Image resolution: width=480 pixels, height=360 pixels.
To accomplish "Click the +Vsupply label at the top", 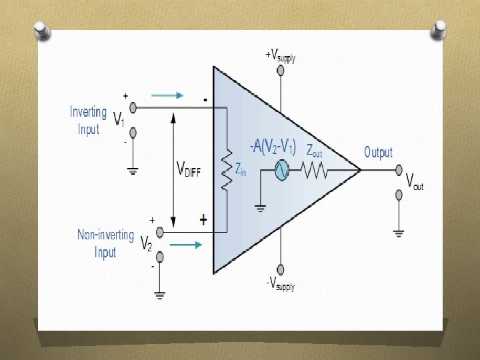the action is tap(281, 56).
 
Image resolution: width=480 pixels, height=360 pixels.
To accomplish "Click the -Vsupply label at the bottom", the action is tap(281, 285).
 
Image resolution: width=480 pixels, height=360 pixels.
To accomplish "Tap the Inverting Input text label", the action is tap(88, 120).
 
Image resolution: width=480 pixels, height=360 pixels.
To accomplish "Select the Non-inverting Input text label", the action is tap(105, 243).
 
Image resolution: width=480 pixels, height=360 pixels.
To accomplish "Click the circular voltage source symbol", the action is tap(282, 171).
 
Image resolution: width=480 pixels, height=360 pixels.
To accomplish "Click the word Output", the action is tap(378, 153).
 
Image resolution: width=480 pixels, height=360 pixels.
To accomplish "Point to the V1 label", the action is tap(118, 120).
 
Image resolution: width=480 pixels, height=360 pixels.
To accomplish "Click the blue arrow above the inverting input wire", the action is tap(167, 95).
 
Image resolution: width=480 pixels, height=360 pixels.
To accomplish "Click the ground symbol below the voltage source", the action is tap(261, 208).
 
